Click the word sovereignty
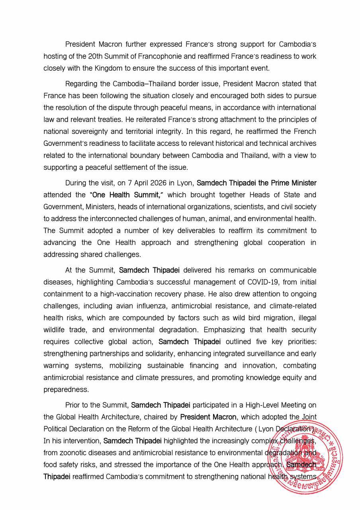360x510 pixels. [x=90, y=143]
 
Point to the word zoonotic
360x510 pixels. [x=75, y=453]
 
